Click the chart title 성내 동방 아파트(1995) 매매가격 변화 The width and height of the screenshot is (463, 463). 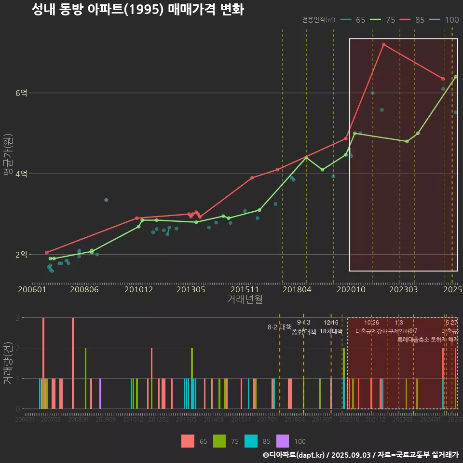coord(137,10)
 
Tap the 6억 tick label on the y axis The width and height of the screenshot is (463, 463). coord(21,93)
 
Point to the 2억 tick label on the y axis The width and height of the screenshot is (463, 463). coord(21,255)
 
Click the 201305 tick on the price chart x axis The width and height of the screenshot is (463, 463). coord(191,289)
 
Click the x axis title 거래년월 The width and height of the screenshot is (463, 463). coord(245,300)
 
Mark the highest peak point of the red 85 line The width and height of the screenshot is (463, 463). coord(383,44)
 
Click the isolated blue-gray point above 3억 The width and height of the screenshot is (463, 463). coord(106,200)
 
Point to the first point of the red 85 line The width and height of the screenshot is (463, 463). coord(47,252)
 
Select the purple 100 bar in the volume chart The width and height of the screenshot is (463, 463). coord(100,394)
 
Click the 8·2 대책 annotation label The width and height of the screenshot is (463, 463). coord(280,327)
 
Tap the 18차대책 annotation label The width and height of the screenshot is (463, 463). coord(331,331)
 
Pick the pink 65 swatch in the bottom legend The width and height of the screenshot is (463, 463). coord(188,441)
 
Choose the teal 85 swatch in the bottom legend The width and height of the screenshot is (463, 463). coord(251,441)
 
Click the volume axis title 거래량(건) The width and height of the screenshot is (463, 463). coord(7,363)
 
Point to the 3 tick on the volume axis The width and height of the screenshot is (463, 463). coord(17,318)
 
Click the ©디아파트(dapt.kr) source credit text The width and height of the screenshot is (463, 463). coord(294,455)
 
